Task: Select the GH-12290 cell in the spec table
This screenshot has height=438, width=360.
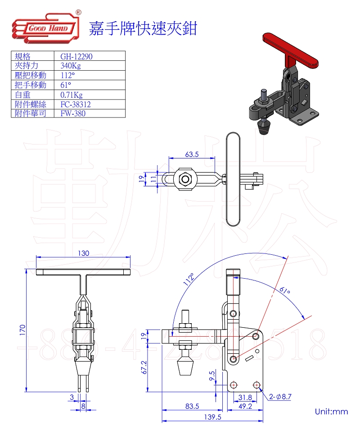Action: [76, 56]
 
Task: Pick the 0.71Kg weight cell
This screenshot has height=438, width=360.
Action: [72, 95]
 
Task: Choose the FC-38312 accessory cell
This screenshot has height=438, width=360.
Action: [76, 104]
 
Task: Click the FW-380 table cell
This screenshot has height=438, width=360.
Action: [73, 113]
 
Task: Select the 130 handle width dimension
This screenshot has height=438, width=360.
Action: [83, 253]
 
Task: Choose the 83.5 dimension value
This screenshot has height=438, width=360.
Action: [192, 406]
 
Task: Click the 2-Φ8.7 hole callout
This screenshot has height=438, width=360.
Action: [281, 397]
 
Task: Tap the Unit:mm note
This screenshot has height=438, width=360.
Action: [332, 411]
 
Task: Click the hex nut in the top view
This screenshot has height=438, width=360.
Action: [185, 179]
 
